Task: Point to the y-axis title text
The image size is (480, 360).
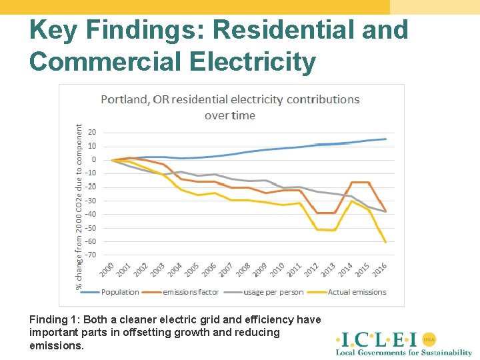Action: click(x=79, y=207)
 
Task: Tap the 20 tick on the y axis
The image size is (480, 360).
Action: click(x=91, y=132)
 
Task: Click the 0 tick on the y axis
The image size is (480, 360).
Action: click(x=93, y=159)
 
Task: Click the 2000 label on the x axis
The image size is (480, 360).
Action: click(x=107, y=271)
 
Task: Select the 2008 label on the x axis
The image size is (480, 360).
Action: click(x=243, y=271)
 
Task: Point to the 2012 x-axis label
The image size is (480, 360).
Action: click(x=311, y=271)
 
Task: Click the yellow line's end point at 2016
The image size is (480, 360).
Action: click(x=385, y=242)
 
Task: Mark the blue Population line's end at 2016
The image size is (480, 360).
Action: click(x=385, y=139)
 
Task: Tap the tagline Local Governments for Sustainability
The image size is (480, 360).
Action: click(x=403, y=352)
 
